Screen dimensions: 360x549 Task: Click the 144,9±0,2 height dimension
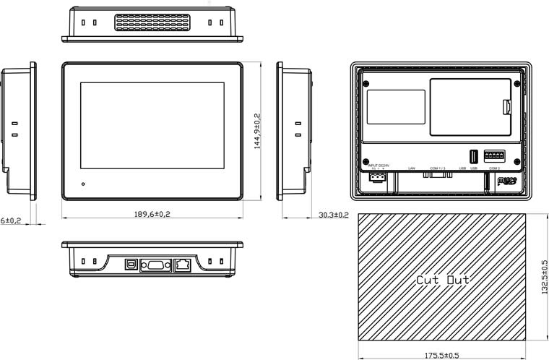(258, 130)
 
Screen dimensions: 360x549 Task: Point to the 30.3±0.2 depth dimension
(333, 215)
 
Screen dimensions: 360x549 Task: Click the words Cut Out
(443, 279)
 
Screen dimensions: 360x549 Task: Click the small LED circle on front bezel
(85, 184)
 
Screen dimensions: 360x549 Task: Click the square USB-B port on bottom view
(131, 265)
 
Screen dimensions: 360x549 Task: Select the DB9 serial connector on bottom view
(155, 265)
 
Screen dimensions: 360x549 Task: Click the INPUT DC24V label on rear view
(378, 165)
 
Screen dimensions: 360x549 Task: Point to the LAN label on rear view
(411, 168)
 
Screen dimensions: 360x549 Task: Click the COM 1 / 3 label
(438, 168)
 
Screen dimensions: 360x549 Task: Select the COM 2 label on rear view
(495, 168)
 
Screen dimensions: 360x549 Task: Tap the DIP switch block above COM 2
(494, 155)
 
